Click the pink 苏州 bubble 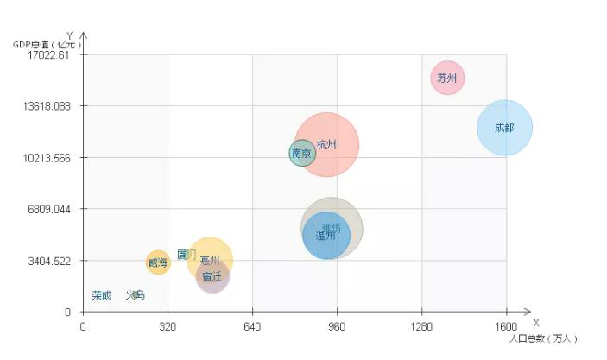[446, 78]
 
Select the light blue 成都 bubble [504, 128]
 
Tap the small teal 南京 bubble [302, 154]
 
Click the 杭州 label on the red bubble [327, 144]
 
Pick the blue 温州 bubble [326, 235]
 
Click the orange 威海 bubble [157, 262]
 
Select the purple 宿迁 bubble [212, 276]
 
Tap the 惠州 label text [210, 260]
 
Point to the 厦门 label [187, 255]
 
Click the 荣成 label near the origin [102, 295]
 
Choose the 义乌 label [136, 295]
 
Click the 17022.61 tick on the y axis [48, 55]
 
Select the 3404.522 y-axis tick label [48, 261]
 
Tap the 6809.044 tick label [48, 209]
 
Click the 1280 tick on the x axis [421, 327]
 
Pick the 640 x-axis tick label [252, 327]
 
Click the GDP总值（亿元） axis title [48, 44]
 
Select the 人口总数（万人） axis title [543, 338]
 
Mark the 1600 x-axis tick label [506, 327]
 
